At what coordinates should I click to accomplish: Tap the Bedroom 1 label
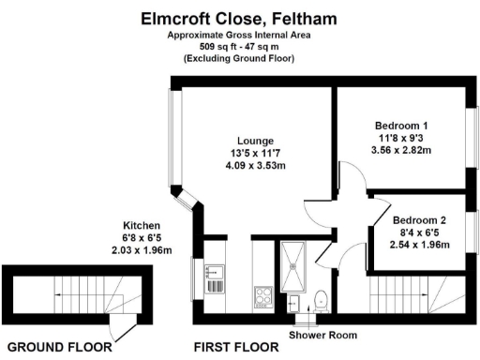click(400, 126)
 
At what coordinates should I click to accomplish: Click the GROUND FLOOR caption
click(56, 347)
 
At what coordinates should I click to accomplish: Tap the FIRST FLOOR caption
click(235, 347)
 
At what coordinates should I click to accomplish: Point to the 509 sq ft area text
click(217, 46)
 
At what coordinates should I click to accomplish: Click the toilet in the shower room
click(321, 301)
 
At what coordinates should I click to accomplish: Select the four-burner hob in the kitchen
click(262, 300)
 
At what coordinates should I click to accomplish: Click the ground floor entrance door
click(116, 327)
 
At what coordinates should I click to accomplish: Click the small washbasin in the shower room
click(293, 303)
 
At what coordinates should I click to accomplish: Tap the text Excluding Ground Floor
click(239, 58)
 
